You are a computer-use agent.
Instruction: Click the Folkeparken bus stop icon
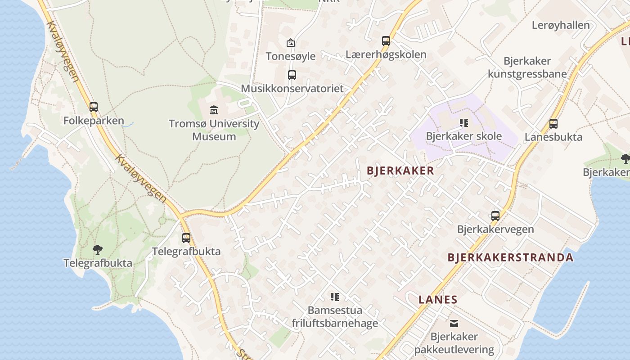(94, 107)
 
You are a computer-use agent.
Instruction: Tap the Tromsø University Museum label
(214, 130)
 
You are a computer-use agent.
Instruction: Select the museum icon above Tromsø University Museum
(214, 110)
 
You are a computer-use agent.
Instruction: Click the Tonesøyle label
(290, 56)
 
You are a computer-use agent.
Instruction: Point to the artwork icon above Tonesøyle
(291, 43)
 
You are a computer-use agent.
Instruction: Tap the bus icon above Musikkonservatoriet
(292, 75)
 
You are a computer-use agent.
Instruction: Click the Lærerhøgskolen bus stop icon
(386, 41)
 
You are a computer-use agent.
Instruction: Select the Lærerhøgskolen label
(386, 54)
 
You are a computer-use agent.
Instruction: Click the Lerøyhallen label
(561, 25)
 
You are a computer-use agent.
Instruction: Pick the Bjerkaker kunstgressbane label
(527, 67)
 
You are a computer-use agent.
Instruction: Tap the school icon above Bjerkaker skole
(464, 122)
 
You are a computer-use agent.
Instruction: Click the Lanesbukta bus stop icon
(553, 123)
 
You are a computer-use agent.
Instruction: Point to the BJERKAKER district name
(400, 171)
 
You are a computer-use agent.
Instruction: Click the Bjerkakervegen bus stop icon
(495, 216)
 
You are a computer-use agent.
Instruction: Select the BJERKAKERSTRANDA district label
(510, 257)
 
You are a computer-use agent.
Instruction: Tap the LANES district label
(438, 299)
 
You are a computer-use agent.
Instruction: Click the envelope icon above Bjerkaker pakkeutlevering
(454, 323)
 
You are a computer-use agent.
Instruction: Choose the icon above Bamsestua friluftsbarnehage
(335, 297)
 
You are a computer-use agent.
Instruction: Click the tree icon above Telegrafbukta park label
(98, 249)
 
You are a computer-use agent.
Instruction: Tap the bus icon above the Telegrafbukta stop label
(186, 238)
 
